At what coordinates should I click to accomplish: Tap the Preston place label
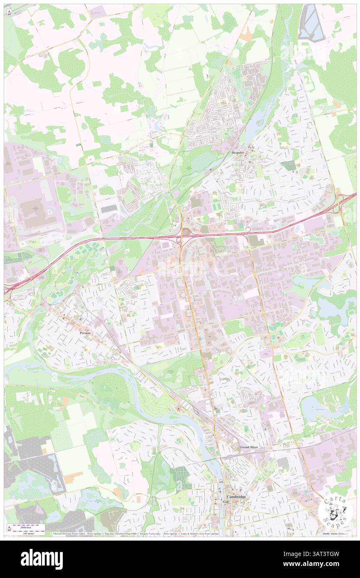pos(85,333)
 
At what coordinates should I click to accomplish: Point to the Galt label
pos(226,502)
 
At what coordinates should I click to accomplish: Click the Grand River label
pos(249,447)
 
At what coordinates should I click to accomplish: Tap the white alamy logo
pos(42,559)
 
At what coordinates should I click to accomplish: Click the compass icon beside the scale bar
pos(9,528)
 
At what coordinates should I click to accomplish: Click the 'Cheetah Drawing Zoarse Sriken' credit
pos(68,534)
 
